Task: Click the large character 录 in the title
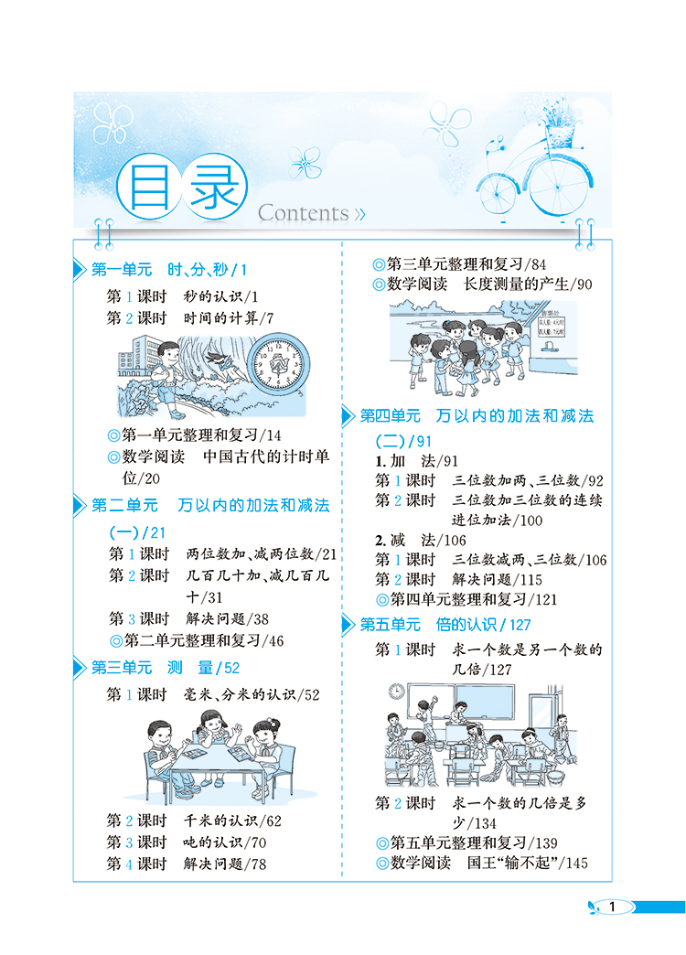(x=214, y=187)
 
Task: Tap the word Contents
(x=304, y=213)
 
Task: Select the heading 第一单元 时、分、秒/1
(x=169, y=269)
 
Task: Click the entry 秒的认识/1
(x=221, y=296)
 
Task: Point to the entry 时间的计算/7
(x=229, y=318)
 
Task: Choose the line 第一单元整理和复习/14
(x=194, y=435)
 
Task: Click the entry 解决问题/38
(x=227, y=618)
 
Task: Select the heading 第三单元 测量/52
(x=166, y=668)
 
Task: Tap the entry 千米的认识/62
(x=232, y=821)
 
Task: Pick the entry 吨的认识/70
(x=225, y=842)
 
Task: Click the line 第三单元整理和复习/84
(x=459, y=264)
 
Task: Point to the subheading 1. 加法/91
(x=417, y=461)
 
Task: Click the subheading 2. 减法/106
(x=421, y=541)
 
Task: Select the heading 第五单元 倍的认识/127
(x=445, y=624)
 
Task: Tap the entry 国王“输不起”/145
(x=528, y=863)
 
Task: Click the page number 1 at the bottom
(x=612, y=907)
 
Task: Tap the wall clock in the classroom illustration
(x=397, y=692)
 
